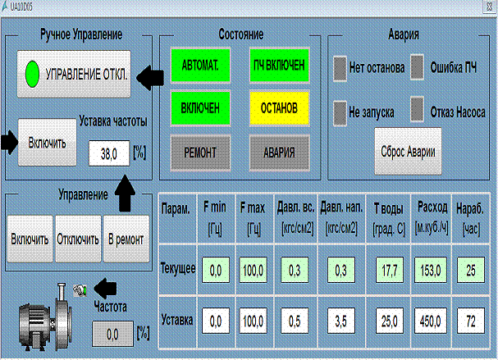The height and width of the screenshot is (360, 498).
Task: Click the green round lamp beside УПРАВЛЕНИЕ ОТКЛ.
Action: [32, 75]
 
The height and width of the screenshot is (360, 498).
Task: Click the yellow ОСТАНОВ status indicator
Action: [279, 108]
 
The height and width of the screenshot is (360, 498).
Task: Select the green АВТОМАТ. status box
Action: [200, 66]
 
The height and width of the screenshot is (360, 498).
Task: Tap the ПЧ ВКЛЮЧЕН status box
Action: [279, 66]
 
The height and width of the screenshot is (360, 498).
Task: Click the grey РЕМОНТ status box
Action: [200, 153]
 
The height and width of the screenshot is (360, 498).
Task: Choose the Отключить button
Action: [78, 239]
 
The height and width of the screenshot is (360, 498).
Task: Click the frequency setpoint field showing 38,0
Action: [109, 153]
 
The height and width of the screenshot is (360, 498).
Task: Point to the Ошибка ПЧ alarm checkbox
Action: [417, 67]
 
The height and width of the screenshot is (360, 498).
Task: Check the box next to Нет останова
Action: [340, 68]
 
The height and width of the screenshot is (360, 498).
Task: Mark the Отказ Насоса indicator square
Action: [417, 110]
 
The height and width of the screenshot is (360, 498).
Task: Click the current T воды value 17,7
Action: [390, 270]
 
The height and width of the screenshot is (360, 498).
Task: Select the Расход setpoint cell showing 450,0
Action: [431, 321]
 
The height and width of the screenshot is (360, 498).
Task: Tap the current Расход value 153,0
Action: [431, 270]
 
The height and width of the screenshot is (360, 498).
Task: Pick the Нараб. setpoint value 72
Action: [471, 321]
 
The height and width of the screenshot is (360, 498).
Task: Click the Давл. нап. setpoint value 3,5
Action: [341, 321]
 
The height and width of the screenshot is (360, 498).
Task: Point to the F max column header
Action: [253, 218]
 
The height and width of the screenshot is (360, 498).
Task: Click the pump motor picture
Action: [45, 317]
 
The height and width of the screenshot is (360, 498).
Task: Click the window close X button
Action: [490, 7]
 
